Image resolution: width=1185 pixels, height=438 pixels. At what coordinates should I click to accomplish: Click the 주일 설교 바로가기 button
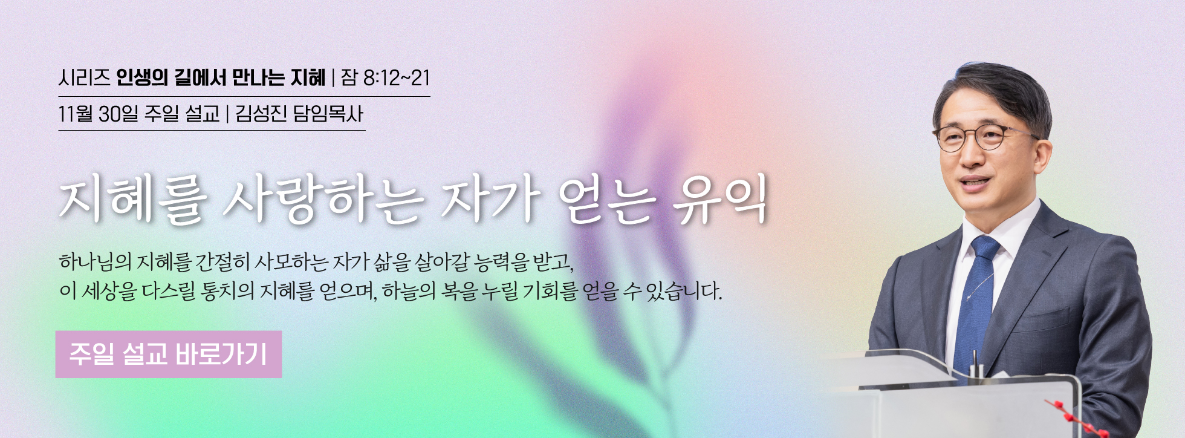click(x=169, y=355)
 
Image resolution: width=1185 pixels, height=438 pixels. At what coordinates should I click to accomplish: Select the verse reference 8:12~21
click(x=397, y=78)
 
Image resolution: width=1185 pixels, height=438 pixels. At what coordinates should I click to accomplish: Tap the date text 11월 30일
click(x=99, y=114)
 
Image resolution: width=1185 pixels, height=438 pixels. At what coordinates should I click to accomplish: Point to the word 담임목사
click(x=328, y=114)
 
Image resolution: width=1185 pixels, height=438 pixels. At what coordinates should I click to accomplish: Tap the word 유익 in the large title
click(x=721, y=199)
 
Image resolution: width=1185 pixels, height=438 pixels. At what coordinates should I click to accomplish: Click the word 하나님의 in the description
click(x=96, y=263)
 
